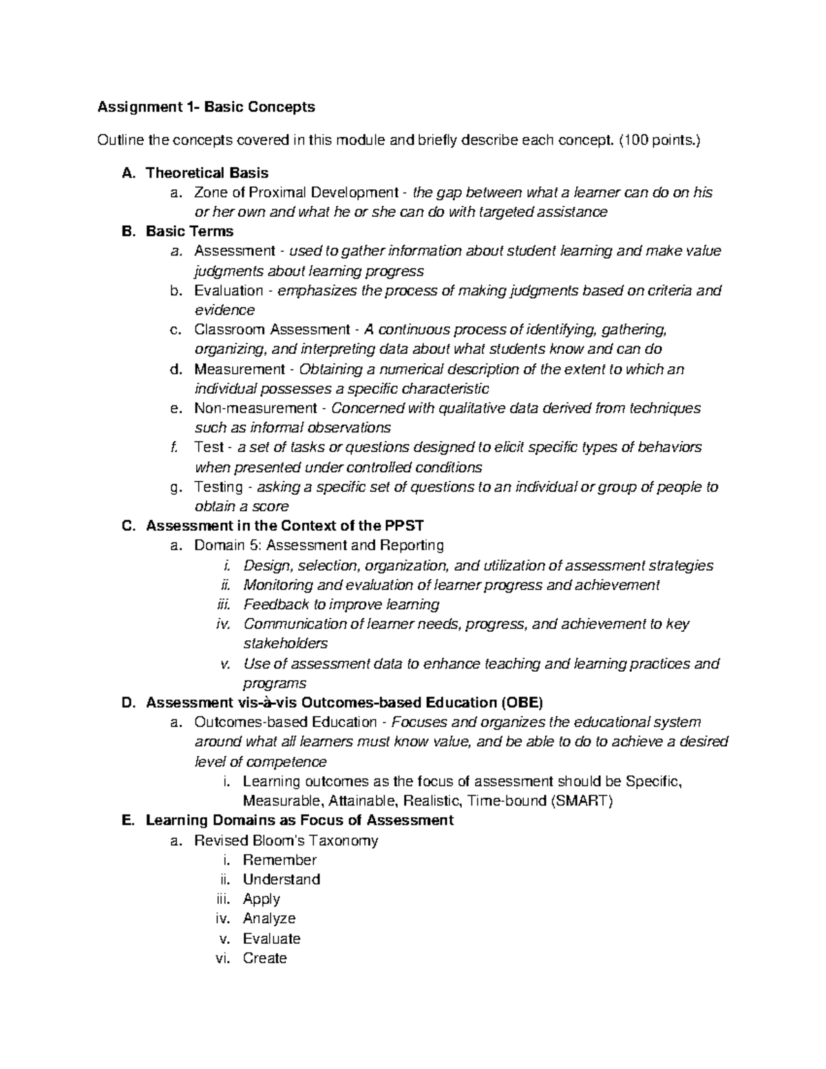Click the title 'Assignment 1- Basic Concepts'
point(206,107)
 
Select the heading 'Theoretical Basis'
point(206,173)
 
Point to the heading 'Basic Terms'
point(189,231)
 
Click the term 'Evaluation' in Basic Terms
point(229,290)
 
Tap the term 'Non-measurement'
point(255,408)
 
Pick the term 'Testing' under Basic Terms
point(218,487)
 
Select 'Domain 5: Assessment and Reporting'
point(319,546)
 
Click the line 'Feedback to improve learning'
point(341,604)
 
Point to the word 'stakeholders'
point(285,644)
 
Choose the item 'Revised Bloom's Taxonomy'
point(286,840)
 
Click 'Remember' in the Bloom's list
point(279,860)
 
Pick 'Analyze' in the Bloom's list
point(268,918)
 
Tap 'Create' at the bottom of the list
point(264,958)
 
